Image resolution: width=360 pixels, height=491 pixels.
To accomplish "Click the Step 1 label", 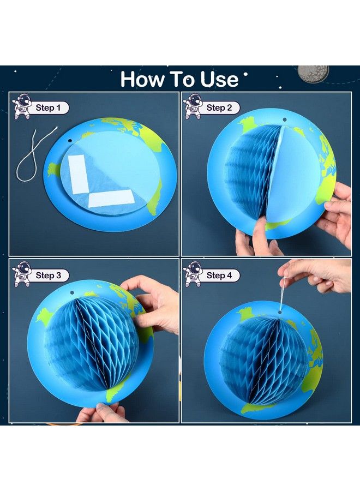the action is [x=48, y=107].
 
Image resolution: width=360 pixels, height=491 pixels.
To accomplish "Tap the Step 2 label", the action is [x=219, y=107].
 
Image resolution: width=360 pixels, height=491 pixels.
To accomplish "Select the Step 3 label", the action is [x=48, y=276].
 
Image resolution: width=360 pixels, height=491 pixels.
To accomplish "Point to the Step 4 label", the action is [x=219, y=276].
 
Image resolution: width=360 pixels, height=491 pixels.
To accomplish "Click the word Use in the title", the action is [x=219, y=79].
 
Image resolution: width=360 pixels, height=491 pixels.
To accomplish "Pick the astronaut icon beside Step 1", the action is [x=22, y=106].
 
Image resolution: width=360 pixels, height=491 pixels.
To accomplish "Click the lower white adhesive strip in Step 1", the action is [x=111, y=199].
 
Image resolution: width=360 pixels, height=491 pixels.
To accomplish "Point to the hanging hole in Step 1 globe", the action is [x=70, y=141].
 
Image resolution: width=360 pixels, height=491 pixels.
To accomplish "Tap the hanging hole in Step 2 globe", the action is [x=285, y=119].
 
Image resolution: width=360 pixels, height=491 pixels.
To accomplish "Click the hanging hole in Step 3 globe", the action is [x=71, y=292].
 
